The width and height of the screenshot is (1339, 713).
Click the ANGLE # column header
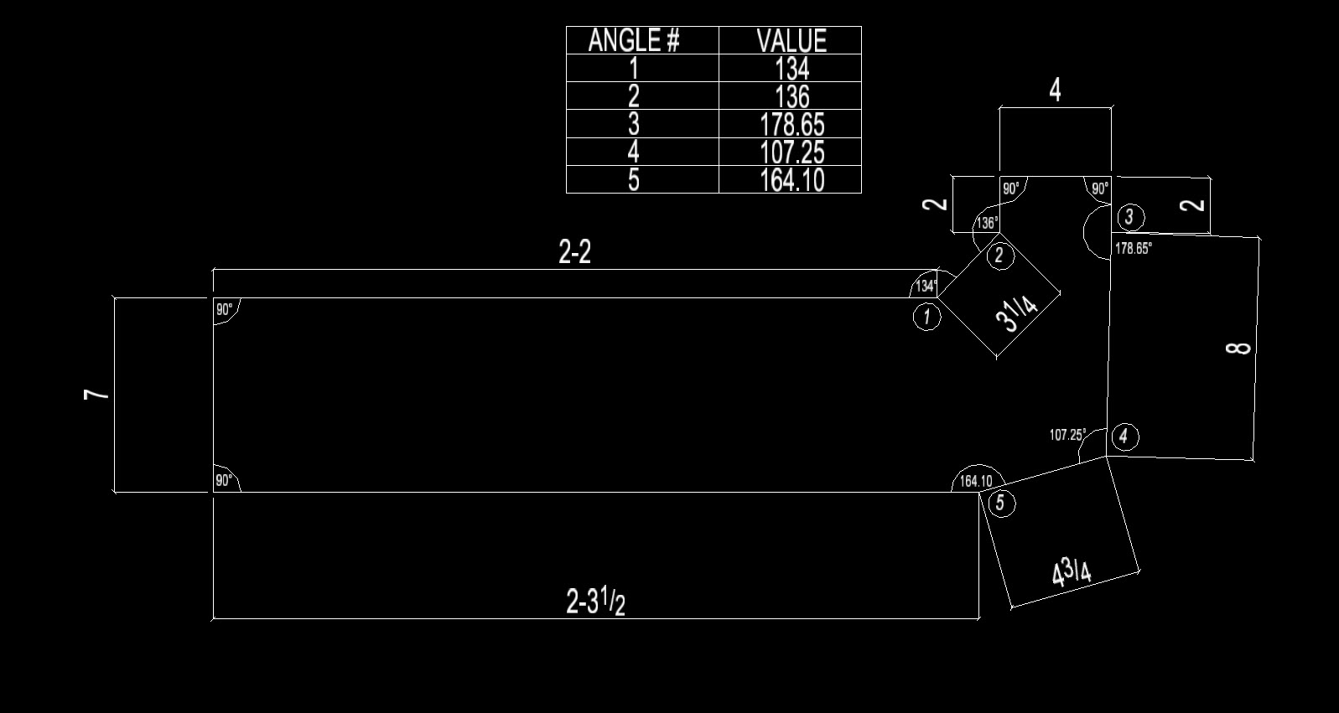pyautogui.click(x=634, y=40)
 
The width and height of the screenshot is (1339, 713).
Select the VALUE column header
pyautogui.click(x=791, y=40)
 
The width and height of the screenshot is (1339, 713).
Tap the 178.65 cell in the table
pyautogui.click(x=792, y=124)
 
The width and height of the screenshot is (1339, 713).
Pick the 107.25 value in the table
pyautogui.click(x=792, y=152)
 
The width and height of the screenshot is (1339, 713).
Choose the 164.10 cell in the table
pyautogui.click(x=792, y=180)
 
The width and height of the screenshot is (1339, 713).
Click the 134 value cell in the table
pyautogui.click(x=792, y=69)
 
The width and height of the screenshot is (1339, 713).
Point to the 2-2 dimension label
pyautogui.click(x=574, y=251)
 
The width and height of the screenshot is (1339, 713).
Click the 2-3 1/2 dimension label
pyautogui.click(x=595, y=601)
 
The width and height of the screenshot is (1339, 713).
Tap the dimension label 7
pyautogui.click(x=96, y=394)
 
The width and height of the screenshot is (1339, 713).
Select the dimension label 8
pyautogui.click(x=1238, y=349)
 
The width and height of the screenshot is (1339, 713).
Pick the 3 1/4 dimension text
pyautogui.click(x=1017, y=314)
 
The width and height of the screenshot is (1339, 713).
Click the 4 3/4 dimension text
pyautogui.click(x=1072, y=573)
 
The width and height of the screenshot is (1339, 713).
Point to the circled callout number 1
pyautogui.click(x=926, y=317)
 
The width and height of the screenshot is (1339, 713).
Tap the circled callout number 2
pyautogui.click(x=999, y=256)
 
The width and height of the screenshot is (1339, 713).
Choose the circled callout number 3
pyautogui.click(x=1129, y=217)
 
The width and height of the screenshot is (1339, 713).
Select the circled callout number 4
pyautogui.click(x=1124, y=436)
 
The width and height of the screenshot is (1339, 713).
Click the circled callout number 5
pyautogui.click(x=1001, y=503)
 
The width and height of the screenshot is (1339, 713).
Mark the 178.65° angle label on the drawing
pyautogui.click(x=1134, y=248)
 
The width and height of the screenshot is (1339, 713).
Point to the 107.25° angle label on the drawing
pyautogui.click(x=1067, y=435)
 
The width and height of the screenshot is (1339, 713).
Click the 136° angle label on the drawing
pyautogui.click(x=987, y=223)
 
